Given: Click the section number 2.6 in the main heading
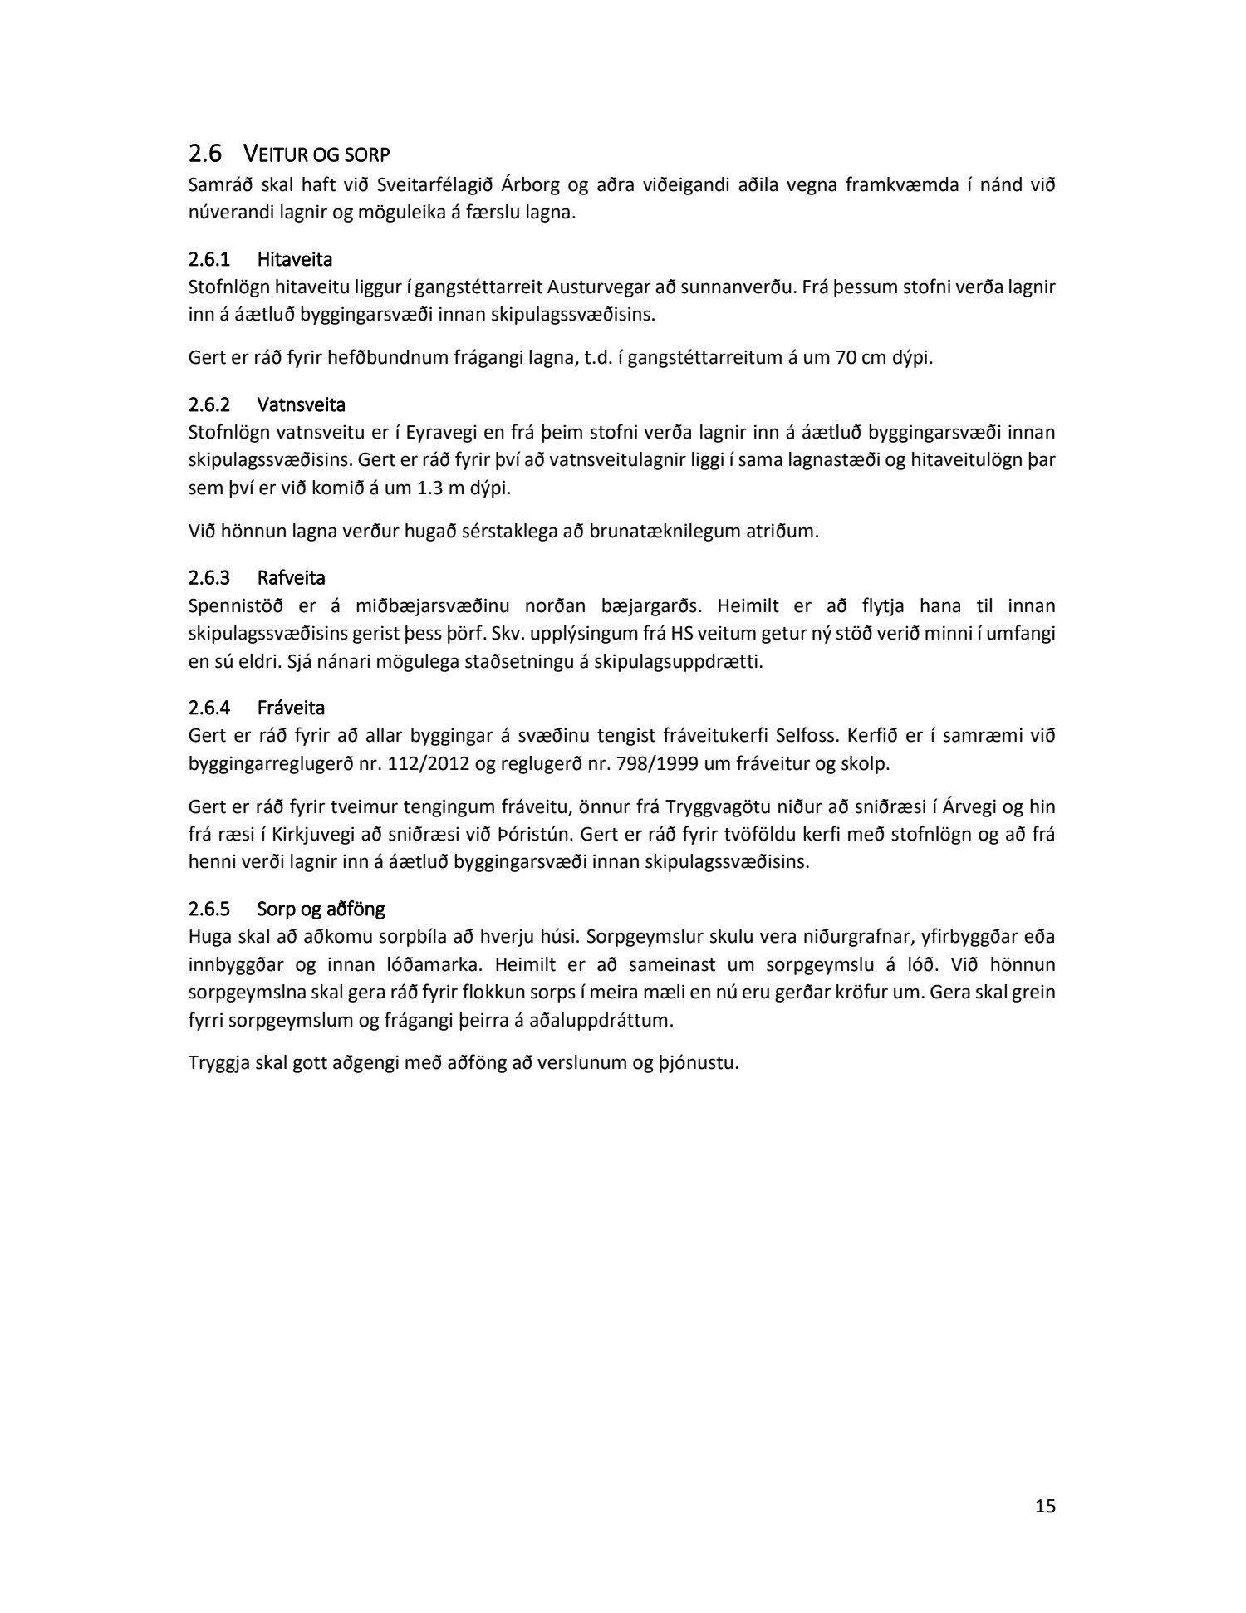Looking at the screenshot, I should pyautogui.click(x=206, y=154).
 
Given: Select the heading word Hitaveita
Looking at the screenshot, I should pyautogui.click(x=295, y=259).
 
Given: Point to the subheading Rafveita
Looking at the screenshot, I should pyautogui.click(x=291, y=577).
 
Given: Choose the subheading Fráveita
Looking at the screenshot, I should pyautogui.click(x=291, y=708).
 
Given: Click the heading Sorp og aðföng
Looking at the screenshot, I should pyautogui.click(x=321, y=909).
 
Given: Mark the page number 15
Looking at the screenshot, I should pyautogui.click(x=1045, y=1506).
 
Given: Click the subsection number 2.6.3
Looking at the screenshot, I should pyautogui.click(x=208, y=577).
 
